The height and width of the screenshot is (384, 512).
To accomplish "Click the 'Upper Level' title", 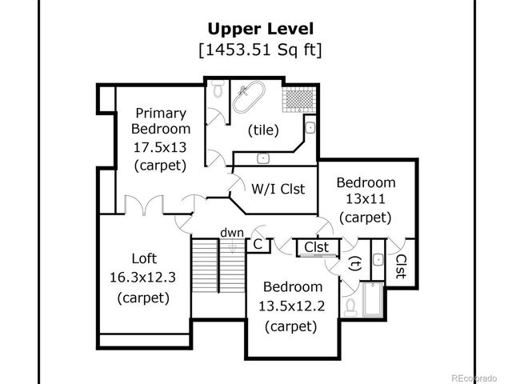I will click(256, 30).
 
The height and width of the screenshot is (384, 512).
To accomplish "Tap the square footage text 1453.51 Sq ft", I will click(256, 50).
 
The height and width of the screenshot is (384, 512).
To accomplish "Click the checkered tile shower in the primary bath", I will click(298, 100).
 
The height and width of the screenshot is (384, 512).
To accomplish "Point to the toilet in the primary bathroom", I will click(215, 92).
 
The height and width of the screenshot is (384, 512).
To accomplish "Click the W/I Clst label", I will click(278, 189).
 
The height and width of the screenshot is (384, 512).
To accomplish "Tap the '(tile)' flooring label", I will click(262, 129).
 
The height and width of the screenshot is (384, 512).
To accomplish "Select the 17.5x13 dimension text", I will click(160, 146).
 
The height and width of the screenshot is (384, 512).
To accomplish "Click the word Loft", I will click(144, 258).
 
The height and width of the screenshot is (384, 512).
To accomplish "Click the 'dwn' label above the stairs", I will click(231, 232).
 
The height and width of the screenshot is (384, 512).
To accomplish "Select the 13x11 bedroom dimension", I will click(365, 199).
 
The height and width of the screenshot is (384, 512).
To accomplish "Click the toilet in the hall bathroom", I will click(351, 305).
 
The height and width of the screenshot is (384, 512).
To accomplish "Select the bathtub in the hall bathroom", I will click(372, 300).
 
